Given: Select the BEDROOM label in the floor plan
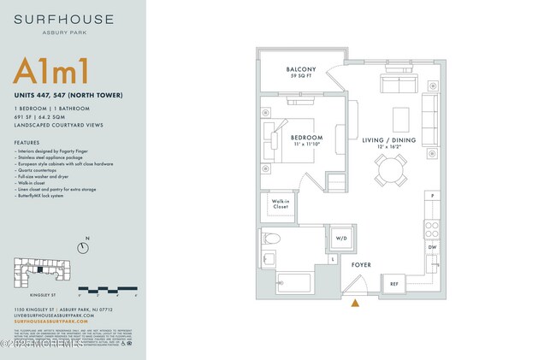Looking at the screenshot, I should (x=306, y=138).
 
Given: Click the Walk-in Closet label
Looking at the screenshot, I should (x=281, y=204).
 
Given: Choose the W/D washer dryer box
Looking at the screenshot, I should (x=340, y=239).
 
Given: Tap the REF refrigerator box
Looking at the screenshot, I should (x=394, y=284).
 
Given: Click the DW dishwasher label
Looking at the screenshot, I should (x=433, y=247).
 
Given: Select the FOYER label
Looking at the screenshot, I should (x=362, y=265).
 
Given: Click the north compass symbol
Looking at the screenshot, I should (x=83, y=248).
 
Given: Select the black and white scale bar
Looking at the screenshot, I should (x=107, y=289).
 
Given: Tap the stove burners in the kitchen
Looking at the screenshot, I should (x=433, y=229).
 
